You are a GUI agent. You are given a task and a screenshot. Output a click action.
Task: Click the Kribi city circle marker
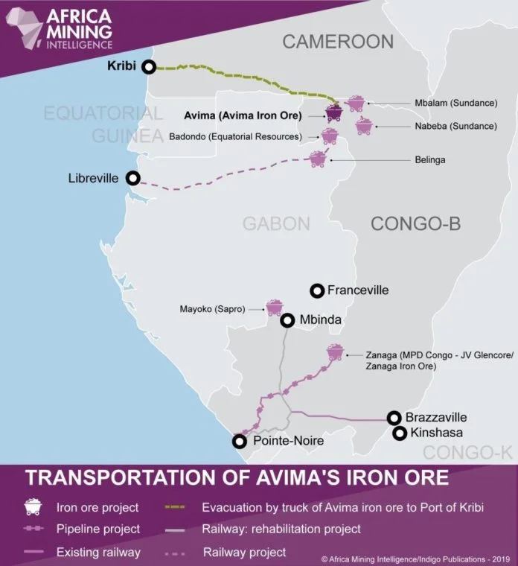pos(149,66)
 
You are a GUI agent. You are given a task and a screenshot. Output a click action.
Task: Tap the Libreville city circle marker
pos(132,178)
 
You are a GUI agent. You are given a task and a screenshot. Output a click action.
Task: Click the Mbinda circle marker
pos(287,321)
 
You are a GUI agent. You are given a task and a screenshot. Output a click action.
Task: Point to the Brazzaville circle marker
pos(394,418)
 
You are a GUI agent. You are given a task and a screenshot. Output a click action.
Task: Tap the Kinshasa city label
pos(437,433)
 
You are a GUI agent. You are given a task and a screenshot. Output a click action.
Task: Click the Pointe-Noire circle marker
pos(238,441)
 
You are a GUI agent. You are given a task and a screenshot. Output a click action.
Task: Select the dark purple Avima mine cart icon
pos(334,112)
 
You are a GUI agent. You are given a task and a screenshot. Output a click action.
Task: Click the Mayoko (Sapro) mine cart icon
pos(275,307)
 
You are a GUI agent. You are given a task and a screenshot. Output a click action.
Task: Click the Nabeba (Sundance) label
pos(455,126)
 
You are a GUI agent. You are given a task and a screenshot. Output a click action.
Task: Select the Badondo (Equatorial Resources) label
pos(235,136)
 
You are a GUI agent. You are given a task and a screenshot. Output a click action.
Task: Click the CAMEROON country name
pos(337,42)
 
